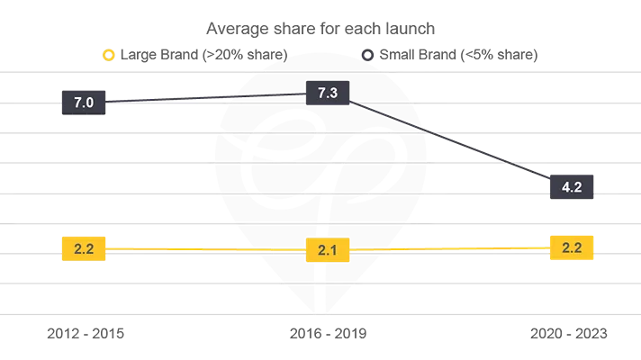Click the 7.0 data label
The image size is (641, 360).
point(83,103)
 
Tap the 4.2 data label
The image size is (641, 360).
point(572,188)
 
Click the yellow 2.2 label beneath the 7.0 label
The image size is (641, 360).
point(83,248)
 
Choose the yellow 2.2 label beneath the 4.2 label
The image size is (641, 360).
point(572,247)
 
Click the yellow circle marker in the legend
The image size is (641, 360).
point(107,56)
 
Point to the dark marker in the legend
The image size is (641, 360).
point(366,56)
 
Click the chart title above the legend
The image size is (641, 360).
point(320,29)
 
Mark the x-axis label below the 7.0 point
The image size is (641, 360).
point(86,336)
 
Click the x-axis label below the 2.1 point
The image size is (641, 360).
point(321,336)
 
